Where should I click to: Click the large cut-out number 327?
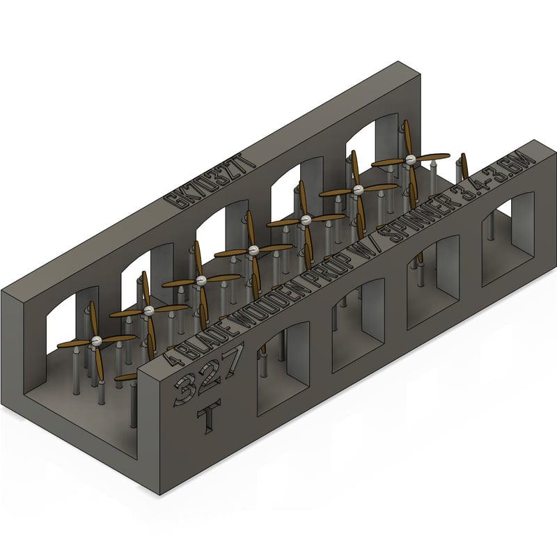[208, 379]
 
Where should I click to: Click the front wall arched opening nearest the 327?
[283, 368]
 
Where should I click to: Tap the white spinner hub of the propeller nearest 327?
[96, 339]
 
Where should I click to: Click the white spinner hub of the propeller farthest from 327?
[411, 159]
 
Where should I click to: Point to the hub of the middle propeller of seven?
[253, 250]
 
